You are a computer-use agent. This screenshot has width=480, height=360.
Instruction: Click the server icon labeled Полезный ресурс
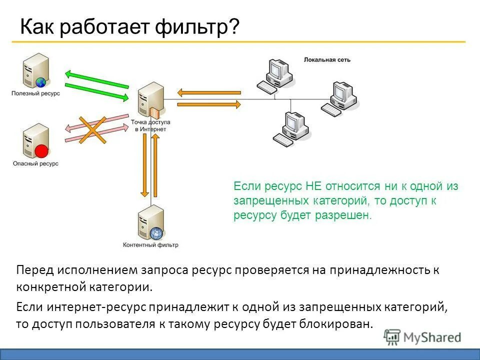click(35, 71)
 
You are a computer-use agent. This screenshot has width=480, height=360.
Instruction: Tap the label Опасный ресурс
click(35, 163)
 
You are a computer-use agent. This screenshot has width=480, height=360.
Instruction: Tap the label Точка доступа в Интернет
click(150, 125)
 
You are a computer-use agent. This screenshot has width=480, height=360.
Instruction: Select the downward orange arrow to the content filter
click(144, 165)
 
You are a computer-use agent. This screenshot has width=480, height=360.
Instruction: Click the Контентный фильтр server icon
click(151, 222)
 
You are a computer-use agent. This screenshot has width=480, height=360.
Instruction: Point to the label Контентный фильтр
click(150, 245)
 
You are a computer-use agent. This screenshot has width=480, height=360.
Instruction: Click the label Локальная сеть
click(327, 60)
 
